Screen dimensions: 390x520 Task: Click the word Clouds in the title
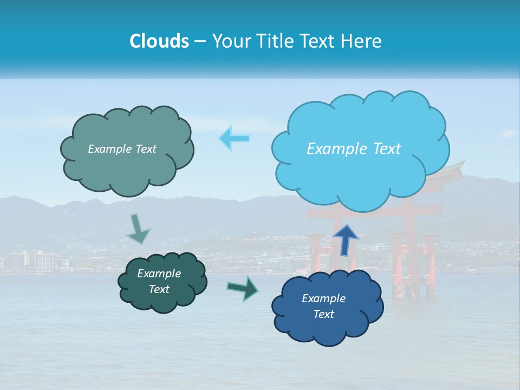coord(159,41)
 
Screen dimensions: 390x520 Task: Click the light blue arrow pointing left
coord(235,138)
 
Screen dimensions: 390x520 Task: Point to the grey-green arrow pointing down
coord(138,229)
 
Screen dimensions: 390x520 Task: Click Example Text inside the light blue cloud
coord(354,149)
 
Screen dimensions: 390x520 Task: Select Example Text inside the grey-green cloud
coord(122,149)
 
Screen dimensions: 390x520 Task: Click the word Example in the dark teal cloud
coord(159,274)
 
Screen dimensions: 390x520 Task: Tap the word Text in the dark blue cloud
coord(323,314)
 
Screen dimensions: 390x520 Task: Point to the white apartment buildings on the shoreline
coord(32,262)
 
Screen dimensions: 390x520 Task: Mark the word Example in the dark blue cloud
coord(323,298)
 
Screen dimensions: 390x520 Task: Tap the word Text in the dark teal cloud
coord(159,289)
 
